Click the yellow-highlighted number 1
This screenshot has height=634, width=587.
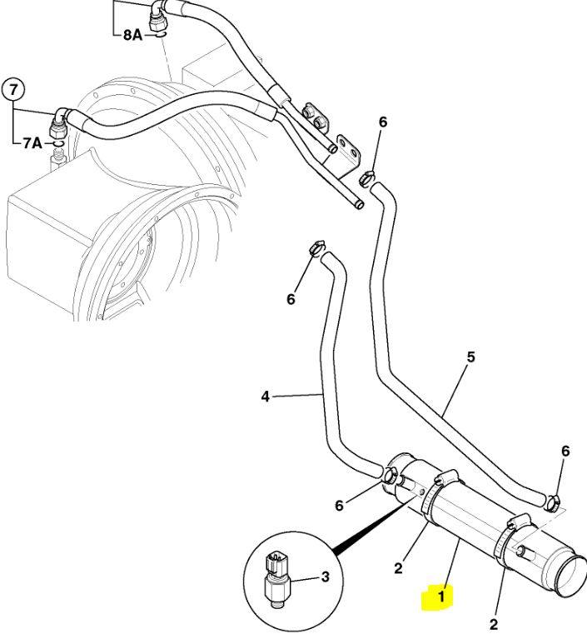[x=441, y=596]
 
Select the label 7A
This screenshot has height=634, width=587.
[x=32, y=143]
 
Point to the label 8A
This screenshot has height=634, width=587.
[x=132, y=36]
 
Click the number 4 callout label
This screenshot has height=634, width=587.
[x=265, y=397]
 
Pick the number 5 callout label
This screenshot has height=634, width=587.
[x=470, y=357]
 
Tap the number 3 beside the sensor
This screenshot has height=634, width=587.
[x=326, y=577]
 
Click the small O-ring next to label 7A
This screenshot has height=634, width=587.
[x=57, y=144]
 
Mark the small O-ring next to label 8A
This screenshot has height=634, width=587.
[x=157, y=35]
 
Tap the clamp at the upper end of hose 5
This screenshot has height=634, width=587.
[x=366, y=177]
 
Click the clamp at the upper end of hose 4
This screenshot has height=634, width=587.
[x=315, y=249]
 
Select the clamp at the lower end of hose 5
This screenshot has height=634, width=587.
[x=552, y=502]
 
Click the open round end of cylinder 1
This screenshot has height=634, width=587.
[x=571, y=572]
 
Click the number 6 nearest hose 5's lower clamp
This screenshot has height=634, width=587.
[x=565, y=451]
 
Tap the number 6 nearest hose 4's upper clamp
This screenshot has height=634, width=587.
[x=291, y=299]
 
